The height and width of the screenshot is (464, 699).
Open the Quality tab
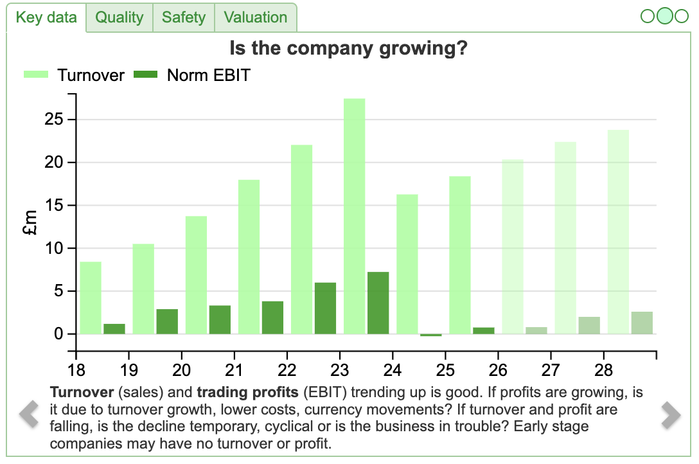(119, 17)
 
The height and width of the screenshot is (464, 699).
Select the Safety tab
(183, 17)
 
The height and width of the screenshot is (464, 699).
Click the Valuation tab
(256, 17)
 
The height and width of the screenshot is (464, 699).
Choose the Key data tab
(46, 17)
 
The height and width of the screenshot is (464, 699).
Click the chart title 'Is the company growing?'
(348, 49)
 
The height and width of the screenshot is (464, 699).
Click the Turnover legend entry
(74, 75)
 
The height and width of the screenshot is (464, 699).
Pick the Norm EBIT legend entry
(191, 75)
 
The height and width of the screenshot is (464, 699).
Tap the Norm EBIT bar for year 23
(378, 303)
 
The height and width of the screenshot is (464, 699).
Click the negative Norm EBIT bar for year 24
(431, 335)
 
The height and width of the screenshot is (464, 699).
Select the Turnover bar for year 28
(618, 232)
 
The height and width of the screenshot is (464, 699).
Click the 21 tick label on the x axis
(234, 371)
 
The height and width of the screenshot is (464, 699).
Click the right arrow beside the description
(671, 415)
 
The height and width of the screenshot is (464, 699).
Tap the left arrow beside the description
(29, 415)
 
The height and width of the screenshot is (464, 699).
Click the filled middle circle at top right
(665, 16)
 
